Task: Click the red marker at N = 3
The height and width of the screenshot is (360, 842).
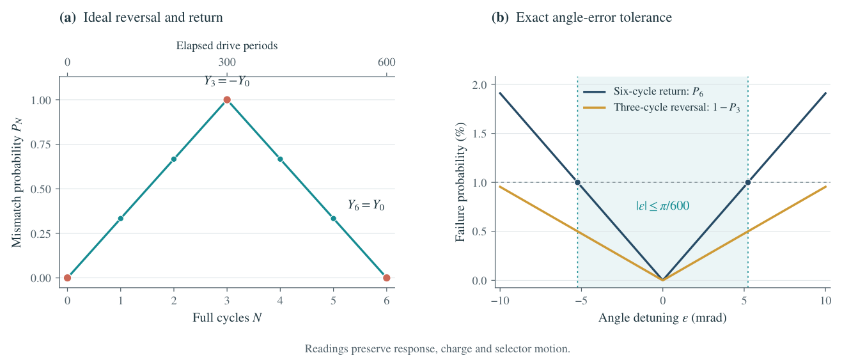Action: [227, 100]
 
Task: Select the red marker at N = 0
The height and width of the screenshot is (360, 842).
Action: [67, 278]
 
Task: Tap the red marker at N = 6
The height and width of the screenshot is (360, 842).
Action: [386, 278]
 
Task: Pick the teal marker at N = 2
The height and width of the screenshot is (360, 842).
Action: [174, 159]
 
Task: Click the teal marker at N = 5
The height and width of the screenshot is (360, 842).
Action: [334, 218]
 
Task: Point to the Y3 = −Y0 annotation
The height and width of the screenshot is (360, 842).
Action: [227, 81]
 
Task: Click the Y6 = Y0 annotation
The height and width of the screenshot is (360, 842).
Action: [366, 205]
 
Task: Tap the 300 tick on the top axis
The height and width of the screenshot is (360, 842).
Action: [227, 62]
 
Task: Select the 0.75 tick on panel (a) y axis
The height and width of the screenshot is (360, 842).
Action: [40, 145]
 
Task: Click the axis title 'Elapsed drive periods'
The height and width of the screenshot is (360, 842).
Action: [227, 45]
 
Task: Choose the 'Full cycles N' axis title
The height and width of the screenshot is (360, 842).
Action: [227, 318]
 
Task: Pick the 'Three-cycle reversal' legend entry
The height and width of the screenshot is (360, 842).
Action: [662, 107]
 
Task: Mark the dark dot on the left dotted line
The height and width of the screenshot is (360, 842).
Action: [577, 182]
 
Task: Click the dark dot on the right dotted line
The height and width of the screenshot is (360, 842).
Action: [747, 182]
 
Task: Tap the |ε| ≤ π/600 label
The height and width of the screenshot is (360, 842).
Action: [663, 205]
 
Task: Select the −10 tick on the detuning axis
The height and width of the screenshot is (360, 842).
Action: [500, 301]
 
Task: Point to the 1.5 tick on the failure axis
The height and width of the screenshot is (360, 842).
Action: [479, 134]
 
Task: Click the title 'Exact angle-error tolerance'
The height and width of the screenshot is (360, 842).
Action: [594, 17]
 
